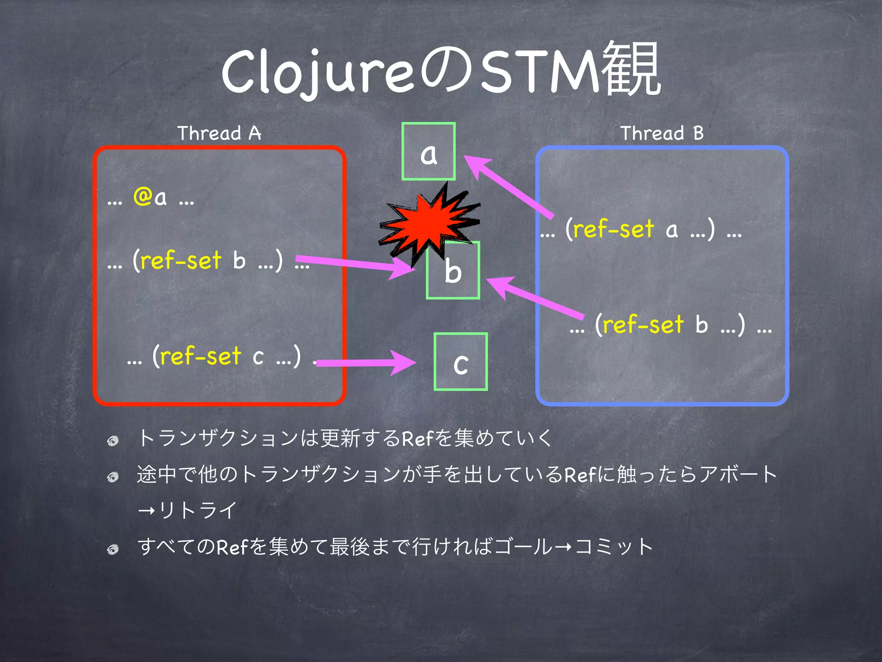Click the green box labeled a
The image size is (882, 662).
click(x=429, y=151)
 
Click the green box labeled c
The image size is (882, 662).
click(x=460, y=362)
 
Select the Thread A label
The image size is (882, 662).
click(x=219, y=133)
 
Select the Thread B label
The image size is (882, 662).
click(x=662, y=133)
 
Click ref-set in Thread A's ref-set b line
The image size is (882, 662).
click(x=181, y=261)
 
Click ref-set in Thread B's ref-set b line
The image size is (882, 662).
click(x=643, y=325)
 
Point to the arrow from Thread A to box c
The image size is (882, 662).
click(x=366, y=362)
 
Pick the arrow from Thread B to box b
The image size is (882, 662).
click(x=534, y=297)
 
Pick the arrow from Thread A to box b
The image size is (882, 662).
click(x=353, y=264)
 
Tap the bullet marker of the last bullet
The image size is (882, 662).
click(x=113, y=549)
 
